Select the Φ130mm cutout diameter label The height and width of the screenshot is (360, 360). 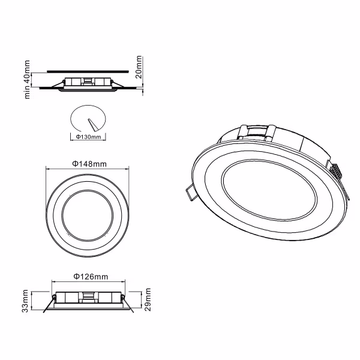coord(89,137)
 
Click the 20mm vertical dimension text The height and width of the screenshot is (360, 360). coord(139,67)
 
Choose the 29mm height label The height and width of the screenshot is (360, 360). coord(147,299)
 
